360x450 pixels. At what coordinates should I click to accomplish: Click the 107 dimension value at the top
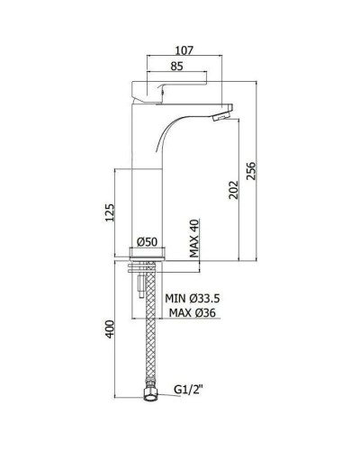coord(184,50)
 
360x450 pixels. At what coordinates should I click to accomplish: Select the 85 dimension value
coord(176,66)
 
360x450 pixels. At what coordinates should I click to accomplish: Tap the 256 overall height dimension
coord(251,171)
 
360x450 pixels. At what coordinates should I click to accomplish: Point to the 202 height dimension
coord(233,190)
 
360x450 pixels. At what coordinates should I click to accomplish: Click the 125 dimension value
coord(110,212)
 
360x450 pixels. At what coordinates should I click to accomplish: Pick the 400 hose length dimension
coord(110,329)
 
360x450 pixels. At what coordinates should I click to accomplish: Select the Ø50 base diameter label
coord(147,242)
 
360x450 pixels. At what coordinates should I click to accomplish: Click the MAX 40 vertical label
coord(194,238)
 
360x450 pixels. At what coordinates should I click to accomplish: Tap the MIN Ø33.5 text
coord(193,298)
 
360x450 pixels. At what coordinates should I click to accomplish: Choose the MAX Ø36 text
coord(193,313)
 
